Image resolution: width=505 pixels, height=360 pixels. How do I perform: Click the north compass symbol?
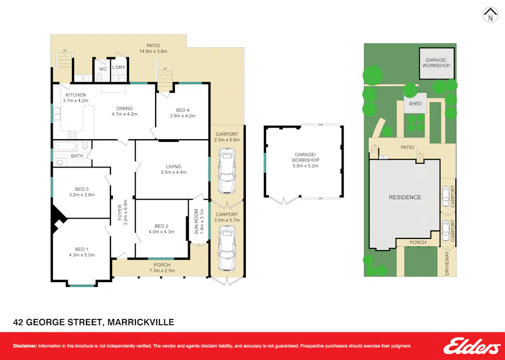(x=490, y=15)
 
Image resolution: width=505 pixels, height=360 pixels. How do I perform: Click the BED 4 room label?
(x=182, y=110)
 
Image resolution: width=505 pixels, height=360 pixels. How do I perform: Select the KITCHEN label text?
(x=75, y=94)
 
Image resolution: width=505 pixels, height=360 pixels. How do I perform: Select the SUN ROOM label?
(x=196, y=221)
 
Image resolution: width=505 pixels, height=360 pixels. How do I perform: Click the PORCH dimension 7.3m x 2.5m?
(x=162, y=271)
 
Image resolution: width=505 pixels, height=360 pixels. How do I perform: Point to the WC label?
(x=103, y=68)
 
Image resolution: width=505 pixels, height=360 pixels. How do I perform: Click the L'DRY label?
(x=119, y=67)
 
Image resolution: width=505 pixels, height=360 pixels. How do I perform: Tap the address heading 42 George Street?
(x=93, y=322)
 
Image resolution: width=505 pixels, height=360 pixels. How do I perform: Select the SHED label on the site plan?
(x=415, y=105)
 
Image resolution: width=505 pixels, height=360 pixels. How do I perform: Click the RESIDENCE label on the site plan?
(x=405, y=197)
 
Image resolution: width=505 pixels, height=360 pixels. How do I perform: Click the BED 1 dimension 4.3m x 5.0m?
(x=81, y=255)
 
